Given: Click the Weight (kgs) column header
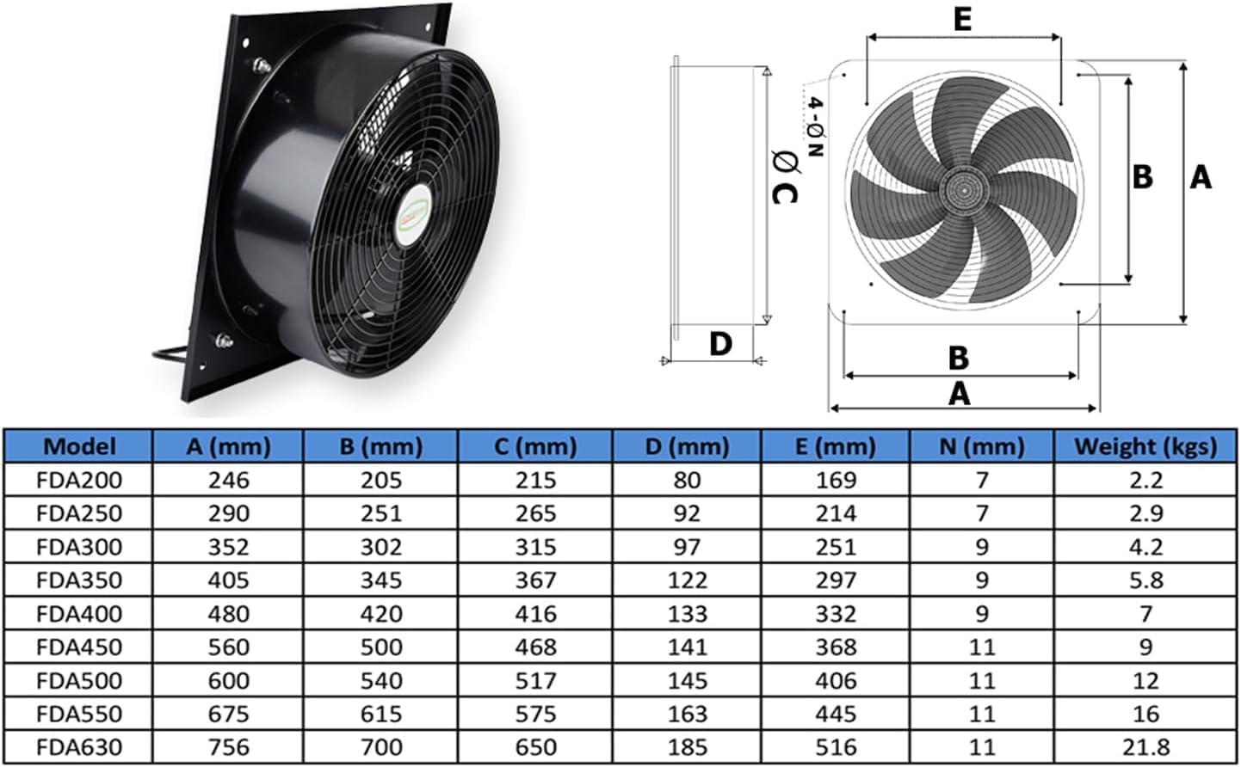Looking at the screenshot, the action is (1145, 446).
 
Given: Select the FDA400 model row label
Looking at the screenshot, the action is (79, 614).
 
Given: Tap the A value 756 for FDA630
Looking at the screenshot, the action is (229, 747).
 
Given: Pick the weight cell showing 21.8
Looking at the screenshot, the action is (1145, 747).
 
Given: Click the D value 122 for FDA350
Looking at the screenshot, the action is (687, 580).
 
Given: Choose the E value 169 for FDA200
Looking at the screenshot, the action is (836, 480).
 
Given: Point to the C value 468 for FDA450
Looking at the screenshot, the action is (536, 647).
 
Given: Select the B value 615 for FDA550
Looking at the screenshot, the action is (381, 714).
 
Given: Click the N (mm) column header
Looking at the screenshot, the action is (982, 446).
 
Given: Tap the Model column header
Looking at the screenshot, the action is (79, 446).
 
